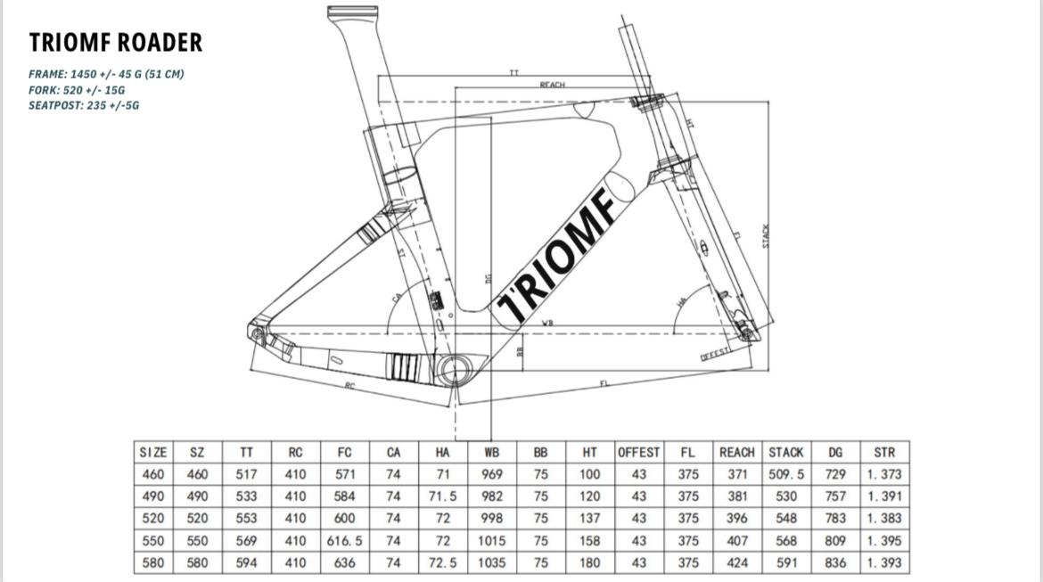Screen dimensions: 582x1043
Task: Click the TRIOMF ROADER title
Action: coord(116,42)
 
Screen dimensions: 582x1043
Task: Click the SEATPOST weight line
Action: coord(84,105)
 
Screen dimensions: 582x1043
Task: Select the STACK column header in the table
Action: coord(785,453)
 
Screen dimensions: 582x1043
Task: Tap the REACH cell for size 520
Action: coord(736,518)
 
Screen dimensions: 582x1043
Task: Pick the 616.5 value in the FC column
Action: coord(344,540)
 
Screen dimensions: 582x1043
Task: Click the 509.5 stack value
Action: coord(785,475)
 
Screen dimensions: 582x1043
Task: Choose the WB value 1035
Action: coord(490,562)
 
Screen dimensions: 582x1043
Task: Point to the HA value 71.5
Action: coord(443,496)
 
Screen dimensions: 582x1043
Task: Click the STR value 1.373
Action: coord(883,475)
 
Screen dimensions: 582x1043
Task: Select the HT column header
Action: coord(589,453)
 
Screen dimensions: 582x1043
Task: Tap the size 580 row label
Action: coord(153,562)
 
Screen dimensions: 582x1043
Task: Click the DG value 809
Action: coord(835,540)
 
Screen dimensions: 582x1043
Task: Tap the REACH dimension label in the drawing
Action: coord(552,84)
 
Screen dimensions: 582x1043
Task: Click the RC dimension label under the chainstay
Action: coord(349,385)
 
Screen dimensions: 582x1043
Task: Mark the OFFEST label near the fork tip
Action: coord(715,353)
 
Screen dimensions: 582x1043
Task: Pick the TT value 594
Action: coord(246,562)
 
